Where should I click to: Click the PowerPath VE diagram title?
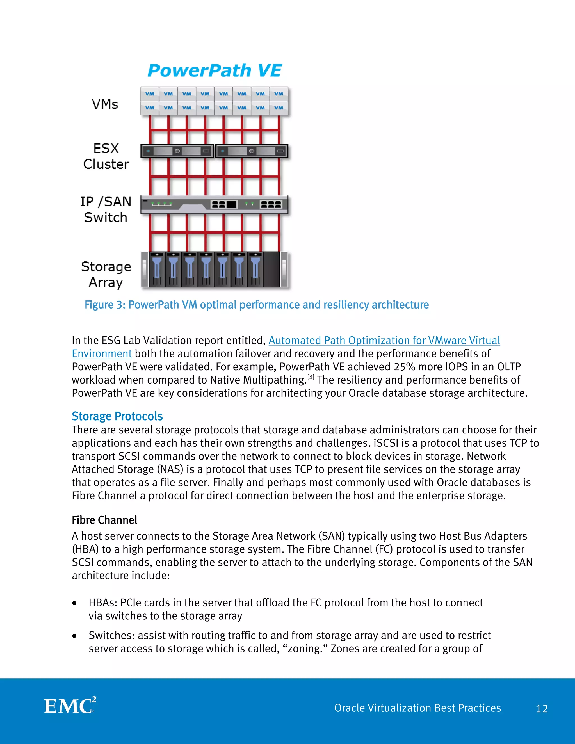coord(215,71)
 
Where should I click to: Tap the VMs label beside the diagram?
coord(105,104)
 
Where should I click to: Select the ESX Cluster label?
coord(106,156)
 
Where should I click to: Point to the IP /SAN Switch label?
coord(106,209)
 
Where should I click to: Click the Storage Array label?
coord(106,275)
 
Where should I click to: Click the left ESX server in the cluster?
coord(177,151)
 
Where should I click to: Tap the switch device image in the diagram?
coord(214,204)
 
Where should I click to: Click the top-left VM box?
coord(150,94)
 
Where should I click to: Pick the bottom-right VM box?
coord(279,108)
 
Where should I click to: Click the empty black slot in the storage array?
coord(271,270)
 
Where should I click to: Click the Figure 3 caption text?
coord(257,305)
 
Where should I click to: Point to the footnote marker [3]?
coord(311,377)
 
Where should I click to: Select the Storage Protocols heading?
coord(117,416)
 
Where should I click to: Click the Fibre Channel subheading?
coord(104,520)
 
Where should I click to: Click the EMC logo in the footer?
coord(70,706)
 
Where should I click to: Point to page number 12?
coord(542,709)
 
